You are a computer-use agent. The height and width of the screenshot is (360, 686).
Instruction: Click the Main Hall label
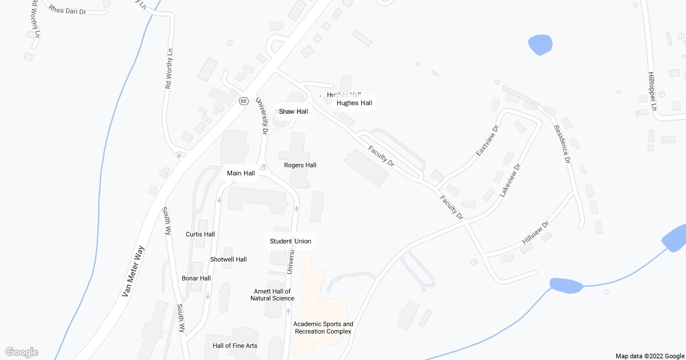(x=241, y=173)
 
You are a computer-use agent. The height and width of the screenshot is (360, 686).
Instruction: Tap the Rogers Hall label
(x=300, y=165)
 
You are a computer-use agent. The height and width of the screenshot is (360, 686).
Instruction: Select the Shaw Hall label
(x=293, y=111)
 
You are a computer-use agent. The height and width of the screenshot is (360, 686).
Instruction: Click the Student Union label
(x=290, y=241)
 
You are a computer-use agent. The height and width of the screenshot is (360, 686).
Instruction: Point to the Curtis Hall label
(x=200, y=234)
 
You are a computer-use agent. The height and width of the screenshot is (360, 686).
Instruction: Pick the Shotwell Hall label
(x=228, y=259)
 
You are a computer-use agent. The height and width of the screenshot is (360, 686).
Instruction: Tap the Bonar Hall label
(x=196, y=278)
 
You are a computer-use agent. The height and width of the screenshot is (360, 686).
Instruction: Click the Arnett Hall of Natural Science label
(x=272, y=295)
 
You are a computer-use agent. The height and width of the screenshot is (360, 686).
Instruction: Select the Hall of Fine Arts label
(x=235, y=346)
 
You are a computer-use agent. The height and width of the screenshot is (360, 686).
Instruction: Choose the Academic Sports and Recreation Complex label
(x=323, y=327)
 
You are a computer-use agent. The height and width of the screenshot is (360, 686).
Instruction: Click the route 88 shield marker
(x=244, y=101)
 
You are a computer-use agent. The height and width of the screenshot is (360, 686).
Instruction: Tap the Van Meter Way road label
(x=133, y=271)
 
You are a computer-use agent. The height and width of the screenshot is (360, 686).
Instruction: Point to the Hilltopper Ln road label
(x=652, y=91)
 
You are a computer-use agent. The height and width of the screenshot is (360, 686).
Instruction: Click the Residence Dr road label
(x=563, y=143)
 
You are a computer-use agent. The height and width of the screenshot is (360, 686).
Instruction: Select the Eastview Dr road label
(x=487, y=141)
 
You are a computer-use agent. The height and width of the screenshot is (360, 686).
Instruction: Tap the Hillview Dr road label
(x=535, y=233)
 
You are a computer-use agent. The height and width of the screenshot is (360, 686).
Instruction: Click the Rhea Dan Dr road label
(x=67, y=10)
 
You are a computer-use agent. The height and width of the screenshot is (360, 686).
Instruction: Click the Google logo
(x=21, y=352)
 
